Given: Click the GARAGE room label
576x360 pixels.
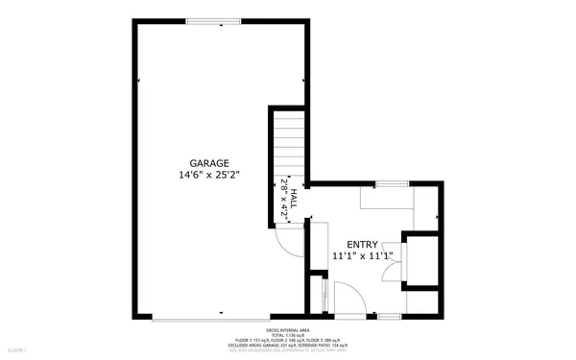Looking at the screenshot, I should pyautogui.click(x=209, y=163).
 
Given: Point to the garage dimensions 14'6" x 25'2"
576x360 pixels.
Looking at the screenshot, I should pyautogui.click(x=209, y=176).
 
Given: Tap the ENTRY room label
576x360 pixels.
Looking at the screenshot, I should pyautogui.click(x=362, y=245).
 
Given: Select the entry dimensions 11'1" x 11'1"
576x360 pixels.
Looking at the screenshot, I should pyautogui.click(x=362, y=257).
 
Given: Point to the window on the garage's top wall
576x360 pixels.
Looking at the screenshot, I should pyautogui.click(x=213, y=21).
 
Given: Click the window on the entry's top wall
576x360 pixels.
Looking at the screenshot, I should pyautogui.click(x=389, y=182).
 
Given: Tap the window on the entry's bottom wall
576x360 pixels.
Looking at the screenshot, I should pyautogui.click(x=389, y=315).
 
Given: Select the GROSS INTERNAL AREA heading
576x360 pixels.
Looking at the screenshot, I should pyautogui.click(x=288, y=328).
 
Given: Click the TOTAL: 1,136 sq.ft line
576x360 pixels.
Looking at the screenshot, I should pyautogui.click(x=288, y=334).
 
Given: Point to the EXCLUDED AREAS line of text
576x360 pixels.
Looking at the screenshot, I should pyautogui.click(x=288, y=346).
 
